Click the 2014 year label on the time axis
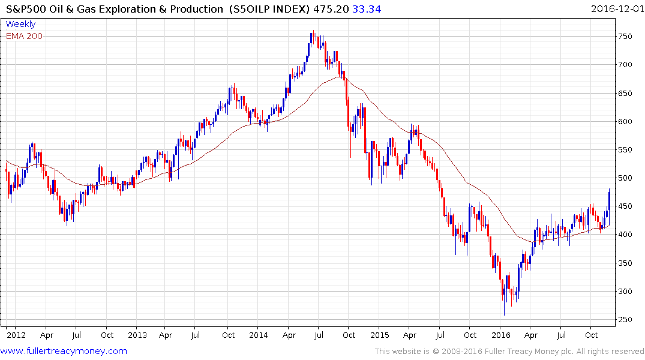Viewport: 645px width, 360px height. tap(259, 335)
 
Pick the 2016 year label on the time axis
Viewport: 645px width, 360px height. tap(500, 335)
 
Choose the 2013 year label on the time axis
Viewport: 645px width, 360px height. tap(137, 335)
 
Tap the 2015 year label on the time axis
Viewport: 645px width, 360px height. tap(380, 335)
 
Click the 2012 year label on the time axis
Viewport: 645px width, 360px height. tap(16, 335)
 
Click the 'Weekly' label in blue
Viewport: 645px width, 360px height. tap(20, 25)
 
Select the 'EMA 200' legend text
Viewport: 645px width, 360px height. tap(24, 36)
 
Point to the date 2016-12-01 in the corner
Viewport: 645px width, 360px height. tap(616, 8)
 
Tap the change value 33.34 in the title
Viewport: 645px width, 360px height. tap(369, 8)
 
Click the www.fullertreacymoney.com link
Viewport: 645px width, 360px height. tap(65, 351)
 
